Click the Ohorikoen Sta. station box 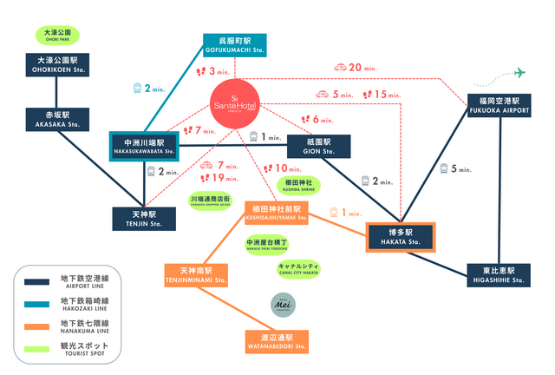tap(56, 65)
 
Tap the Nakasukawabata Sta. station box tap(144, 147)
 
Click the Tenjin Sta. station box tap(144, 218)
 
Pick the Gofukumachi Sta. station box tap(234, 45)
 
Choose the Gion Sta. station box tap(317, 145)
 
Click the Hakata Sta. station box tap(400, 236)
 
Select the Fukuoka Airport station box tap(497, 106)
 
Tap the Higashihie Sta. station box tap(497, 275)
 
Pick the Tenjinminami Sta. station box tap(196, 275)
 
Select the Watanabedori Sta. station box tap(277, 341)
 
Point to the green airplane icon tap(520, 72)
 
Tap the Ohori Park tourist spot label tap(56, 36)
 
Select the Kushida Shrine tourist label tap(300, 185)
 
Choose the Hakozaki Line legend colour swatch tap(37, 305)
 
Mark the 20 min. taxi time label tap(356, 67)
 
